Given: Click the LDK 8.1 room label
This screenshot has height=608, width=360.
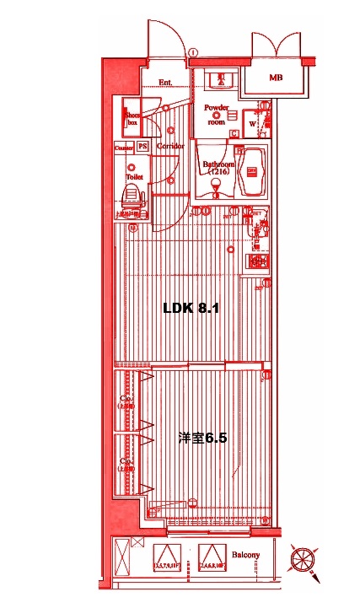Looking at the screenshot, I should (191, 309).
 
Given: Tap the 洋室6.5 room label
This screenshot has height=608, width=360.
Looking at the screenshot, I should (202, 439).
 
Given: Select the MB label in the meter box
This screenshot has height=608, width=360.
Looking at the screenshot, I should (275, 78).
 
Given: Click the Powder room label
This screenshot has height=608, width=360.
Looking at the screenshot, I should (217, 114).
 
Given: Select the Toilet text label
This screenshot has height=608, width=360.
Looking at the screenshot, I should (133, 178).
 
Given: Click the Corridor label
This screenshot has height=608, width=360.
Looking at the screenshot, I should (170, 147).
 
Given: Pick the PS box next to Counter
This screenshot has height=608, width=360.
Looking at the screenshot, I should (142, 147).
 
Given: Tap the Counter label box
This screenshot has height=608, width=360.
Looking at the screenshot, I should (124, 147).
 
